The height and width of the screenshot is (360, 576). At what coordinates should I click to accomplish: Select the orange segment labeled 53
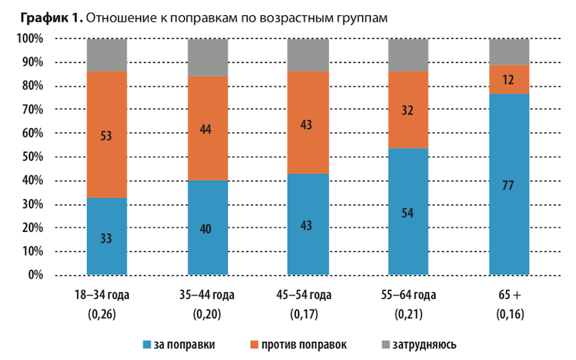click(x=107, y=135)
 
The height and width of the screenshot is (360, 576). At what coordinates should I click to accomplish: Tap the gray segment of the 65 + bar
click(x=508, y=51)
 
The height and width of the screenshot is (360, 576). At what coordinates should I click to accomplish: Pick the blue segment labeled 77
click(x=508, y=184)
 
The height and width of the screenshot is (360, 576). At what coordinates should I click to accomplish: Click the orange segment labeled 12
click(x=508, y=79)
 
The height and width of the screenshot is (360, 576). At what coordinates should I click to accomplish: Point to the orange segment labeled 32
click(x=408, y=109)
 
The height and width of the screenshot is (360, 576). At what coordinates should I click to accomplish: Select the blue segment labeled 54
click(x=408, y=212)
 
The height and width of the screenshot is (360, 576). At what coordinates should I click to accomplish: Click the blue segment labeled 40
click(x=207, y=228)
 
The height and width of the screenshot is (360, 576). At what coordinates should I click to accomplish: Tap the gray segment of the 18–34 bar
click(x=107, y=55)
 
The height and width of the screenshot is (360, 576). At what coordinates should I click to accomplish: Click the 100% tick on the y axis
click(x=32, y=38)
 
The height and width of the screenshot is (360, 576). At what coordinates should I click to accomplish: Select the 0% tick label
click(x=37, y=275)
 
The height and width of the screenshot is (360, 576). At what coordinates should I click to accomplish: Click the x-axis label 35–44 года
click(x=207, y=295)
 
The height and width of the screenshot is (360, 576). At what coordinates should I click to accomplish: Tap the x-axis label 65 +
click(x=508, y=295)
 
